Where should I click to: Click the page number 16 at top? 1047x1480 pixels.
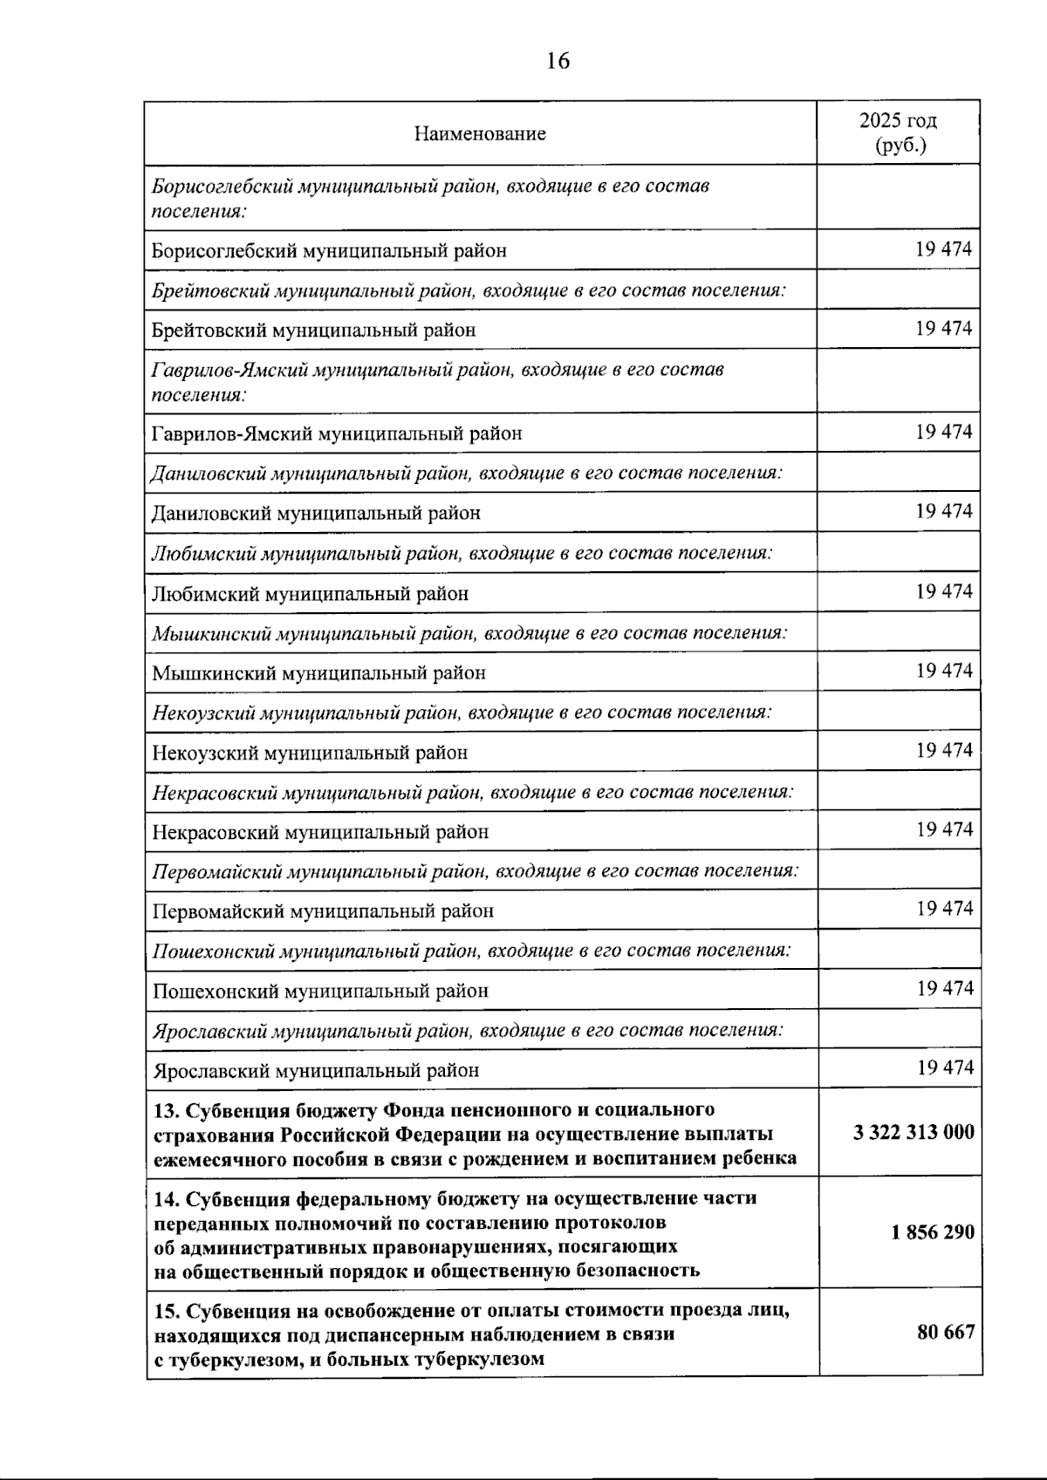(558, 61)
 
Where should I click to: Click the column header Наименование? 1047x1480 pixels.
(480, 133)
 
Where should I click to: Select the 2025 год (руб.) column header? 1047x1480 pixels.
(899, 133)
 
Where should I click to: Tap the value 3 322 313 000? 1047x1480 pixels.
(914, 1133)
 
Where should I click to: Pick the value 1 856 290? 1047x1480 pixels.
(933, 1232)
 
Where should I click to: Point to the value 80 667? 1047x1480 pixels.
(946, 1332)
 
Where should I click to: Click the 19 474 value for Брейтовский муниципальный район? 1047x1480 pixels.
(943, 329)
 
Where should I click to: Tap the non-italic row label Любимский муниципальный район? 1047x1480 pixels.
(310, 594)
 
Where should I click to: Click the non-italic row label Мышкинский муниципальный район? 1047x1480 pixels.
(318, 673)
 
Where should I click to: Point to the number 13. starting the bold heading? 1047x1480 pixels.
(166, 1110)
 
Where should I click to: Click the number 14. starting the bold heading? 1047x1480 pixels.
(166, 1198)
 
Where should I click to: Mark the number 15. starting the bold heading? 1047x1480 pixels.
(166, 1311)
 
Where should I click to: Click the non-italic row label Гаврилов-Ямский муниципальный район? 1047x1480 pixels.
(336, 433)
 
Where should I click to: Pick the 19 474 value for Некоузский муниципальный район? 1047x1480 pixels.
(944, 750)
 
